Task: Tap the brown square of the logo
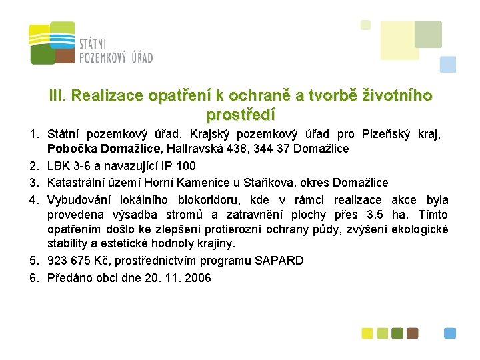coord(65,55)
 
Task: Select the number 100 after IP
coord(187,165)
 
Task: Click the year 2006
coord(197,278)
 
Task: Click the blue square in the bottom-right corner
coord(451,333)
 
